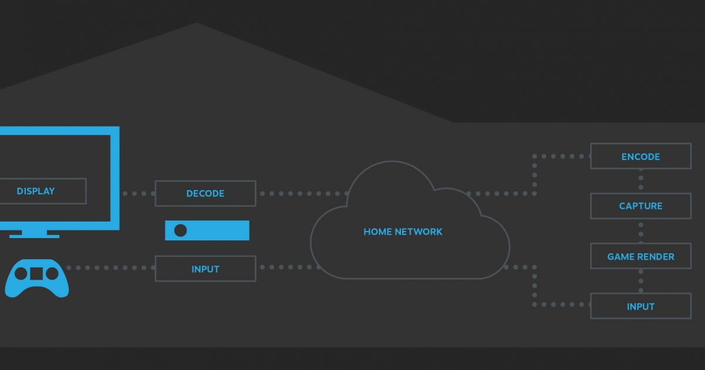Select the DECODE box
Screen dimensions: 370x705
pos(205,194)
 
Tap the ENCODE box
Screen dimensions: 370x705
pos(640,157)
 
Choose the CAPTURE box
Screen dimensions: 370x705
pos(640,206)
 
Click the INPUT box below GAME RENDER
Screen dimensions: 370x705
pos(640,306)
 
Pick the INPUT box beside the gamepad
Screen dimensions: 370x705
pos(205,269)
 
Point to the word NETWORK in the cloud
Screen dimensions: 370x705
pos(419,232)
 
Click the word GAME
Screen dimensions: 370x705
pos(620,257)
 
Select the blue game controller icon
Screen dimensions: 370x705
pos(36,278)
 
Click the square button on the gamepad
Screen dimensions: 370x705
pos(36,273)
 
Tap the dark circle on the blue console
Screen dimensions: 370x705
pos(181,230)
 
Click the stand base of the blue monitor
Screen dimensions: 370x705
pos(35,236)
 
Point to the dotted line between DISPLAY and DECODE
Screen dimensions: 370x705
pos(139,194)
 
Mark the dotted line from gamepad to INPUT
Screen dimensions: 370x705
pos(112,268)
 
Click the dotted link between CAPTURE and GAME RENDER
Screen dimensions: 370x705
pos(640,231)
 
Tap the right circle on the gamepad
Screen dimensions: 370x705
pos(52,273)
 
